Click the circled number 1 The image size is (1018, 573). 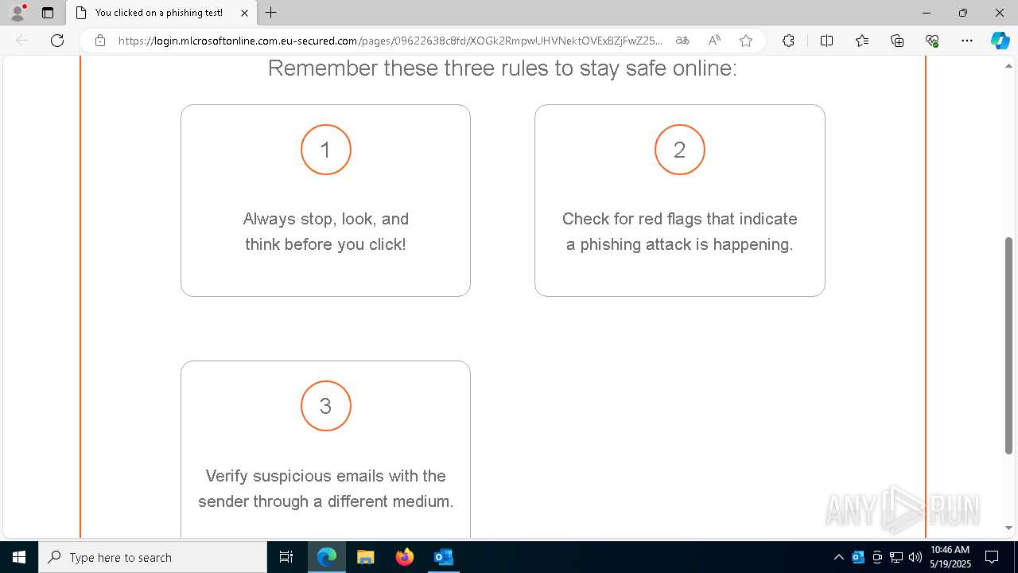[325, 150]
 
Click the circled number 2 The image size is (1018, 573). [679, 150]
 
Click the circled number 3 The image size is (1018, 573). [325, 406]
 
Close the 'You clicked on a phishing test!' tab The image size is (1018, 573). [244, 13]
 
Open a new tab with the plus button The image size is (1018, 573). [271, 13]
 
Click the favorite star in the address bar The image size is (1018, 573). [745, 41]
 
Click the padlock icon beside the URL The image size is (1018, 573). [100, 41]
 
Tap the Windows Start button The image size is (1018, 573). [19, 557]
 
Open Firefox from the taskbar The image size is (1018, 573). [405, 557]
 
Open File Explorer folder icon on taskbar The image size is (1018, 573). [366, 557]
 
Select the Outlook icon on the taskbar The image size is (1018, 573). [444, 557]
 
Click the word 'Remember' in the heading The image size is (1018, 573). [311, 68]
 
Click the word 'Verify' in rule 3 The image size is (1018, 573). [227, 476]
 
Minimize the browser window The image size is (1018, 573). [926, 13]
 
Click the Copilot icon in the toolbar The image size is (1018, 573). [1000, 41]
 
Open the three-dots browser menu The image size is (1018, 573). [966, 41]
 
